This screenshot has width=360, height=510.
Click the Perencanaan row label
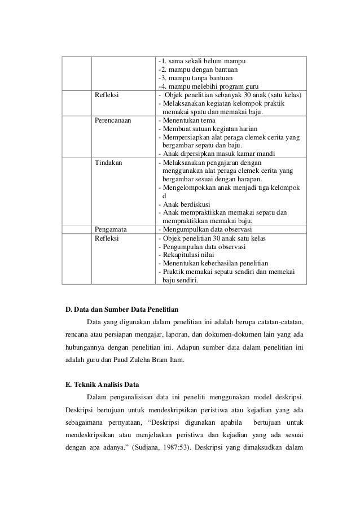click(x=113, y=121)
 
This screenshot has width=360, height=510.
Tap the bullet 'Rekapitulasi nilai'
click(x=190, y=254)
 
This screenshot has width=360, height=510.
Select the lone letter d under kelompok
click(x=164, y=195)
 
